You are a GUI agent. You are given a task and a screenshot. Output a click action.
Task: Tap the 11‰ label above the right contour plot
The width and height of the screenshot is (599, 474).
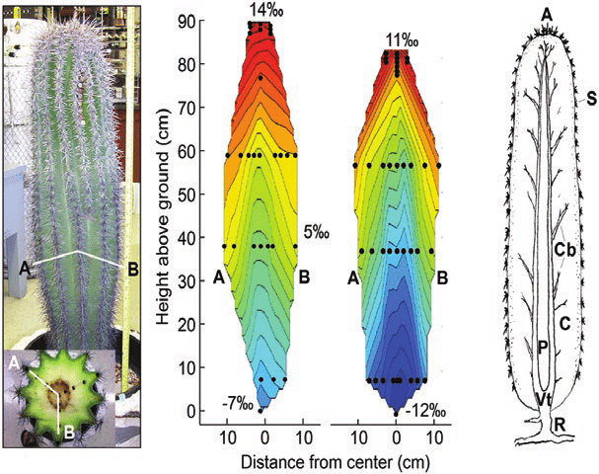pos(398,41)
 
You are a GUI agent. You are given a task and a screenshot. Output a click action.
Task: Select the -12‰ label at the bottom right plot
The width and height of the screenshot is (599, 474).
pos(427,411)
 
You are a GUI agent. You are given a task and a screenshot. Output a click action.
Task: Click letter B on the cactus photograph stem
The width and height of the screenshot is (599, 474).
pos(130,266)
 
